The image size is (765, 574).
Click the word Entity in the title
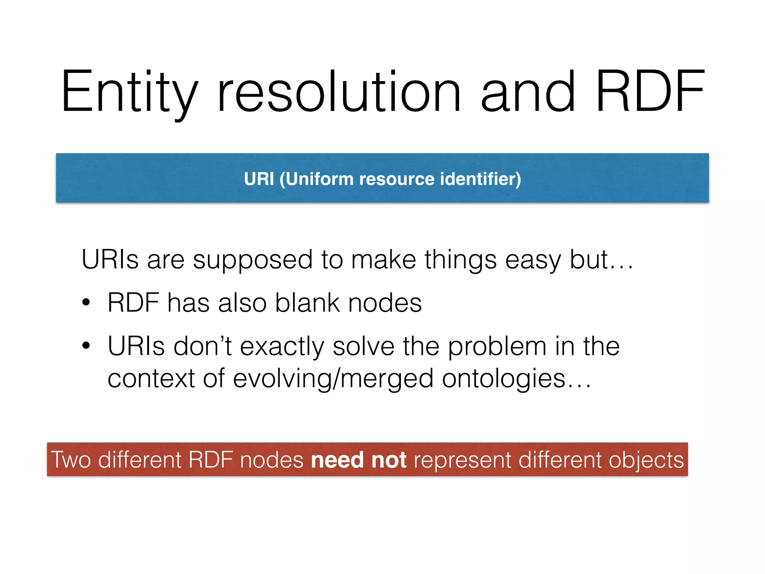point(129,92)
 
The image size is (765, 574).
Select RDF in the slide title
point(650,92)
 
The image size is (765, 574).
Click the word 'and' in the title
point(528,92)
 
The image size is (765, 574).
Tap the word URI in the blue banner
point(259,179)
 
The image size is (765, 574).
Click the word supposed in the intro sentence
point(253,260)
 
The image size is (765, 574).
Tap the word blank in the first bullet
point(307,303)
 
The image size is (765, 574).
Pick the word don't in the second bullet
point(202,346)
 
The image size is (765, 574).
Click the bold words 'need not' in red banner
point(359,460)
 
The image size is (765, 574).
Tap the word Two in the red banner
point(71,460)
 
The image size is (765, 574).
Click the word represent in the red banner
point(462,460)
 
